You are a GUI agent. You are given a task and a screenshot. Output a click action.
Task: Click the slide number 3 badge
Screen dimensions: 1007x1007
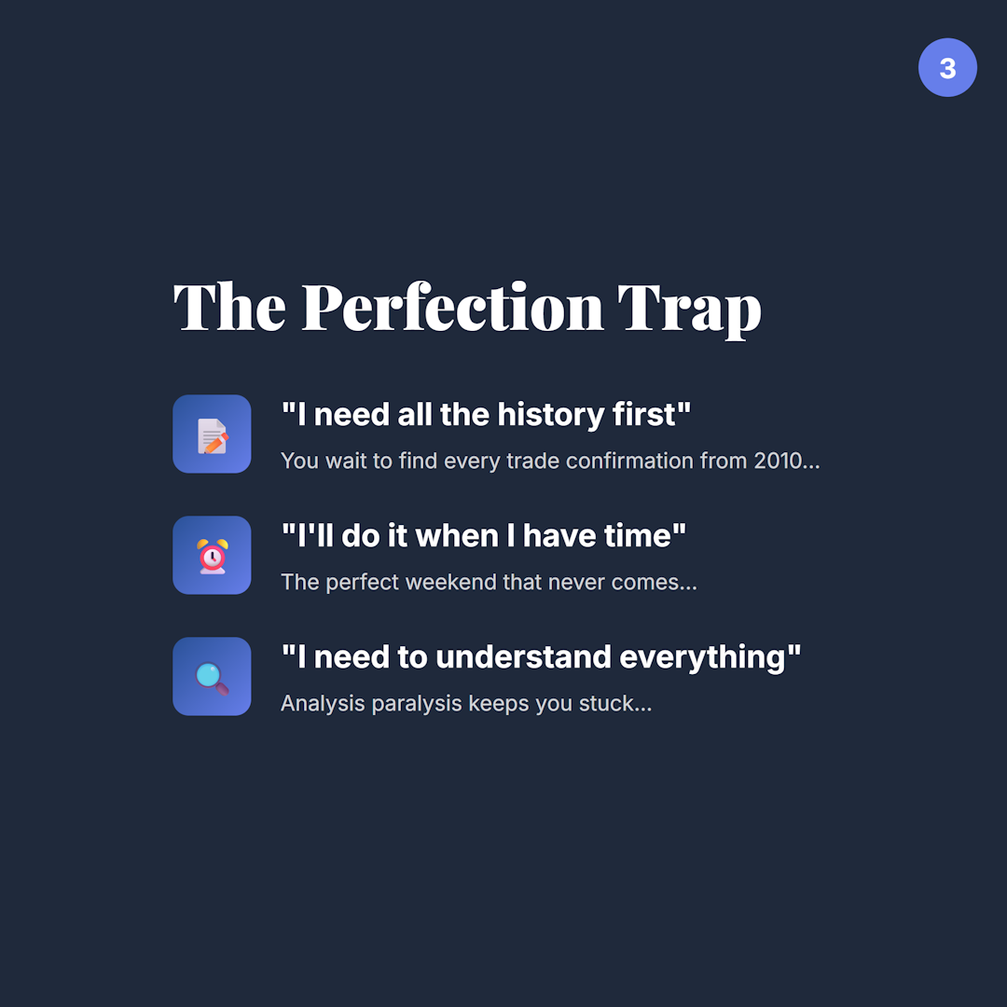(947, 68)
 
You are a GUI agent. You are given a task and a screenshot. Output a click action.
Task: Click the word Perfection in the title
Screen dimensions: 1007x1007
(453, 308)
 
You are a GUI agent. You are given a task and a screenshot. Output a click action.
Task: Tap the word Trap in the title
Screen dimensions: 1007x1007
(690, 308)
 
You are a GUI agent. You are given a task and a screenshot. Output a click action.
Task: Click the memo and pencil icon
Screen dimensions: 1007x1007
(212, 435)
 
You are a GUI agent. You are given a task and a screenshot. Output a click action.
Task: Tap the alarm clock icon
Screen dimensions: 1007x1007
(212, 556)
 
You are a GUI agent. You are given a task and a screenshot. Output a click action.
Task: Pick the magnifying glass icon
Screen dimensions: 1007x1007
(212, 677)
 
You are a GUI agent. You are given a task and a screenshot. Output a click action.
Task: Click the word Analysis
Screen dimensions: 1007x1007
(323, 703)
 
